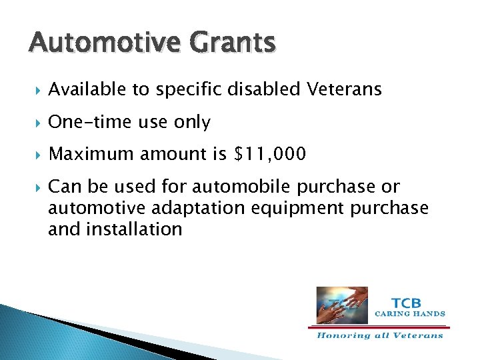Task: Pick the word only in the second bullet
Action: click(x=192, y=122)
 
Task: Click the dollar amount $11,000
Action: click(x=270, y=155)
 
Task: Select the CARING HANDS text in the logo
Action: click(x=410, y=313)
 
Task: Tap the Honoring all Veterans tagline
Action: click(x=379, y=335)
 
